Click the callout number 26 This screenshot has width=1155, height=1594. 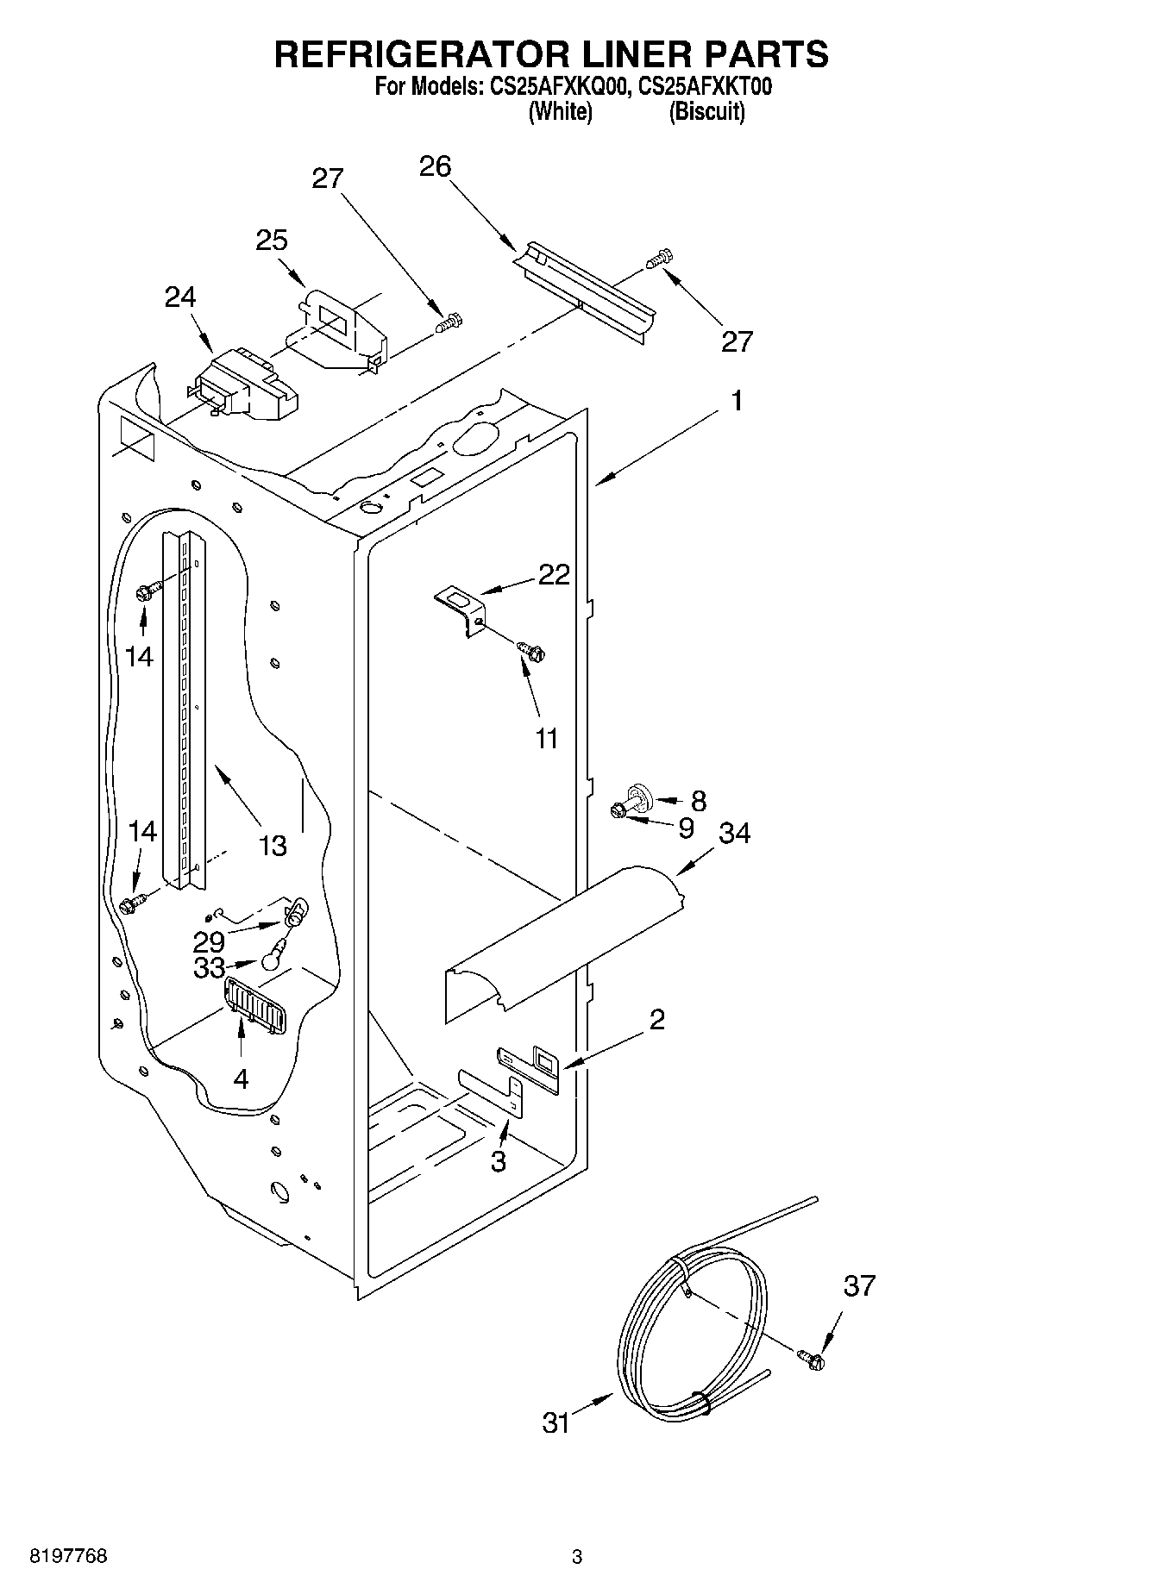tap(436, 166)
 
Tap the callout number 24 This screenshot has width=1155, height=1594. tap(180, 297)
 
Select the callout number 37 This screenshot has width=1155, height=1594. tap(859, 1286)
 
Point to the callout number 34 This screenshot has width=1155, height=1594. tap(735, 833)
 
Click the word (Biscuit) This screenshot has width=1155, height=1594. tap(706, 111)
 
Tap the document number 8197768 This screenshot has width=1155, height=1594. tap(69, 1556)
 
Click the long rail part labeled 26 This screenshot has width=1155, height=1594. tap(587, 291)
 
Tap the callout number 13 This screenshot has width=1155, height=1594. tap(273, 846)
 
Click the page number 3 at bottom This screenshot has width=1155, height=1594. tap(577, 1557)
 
